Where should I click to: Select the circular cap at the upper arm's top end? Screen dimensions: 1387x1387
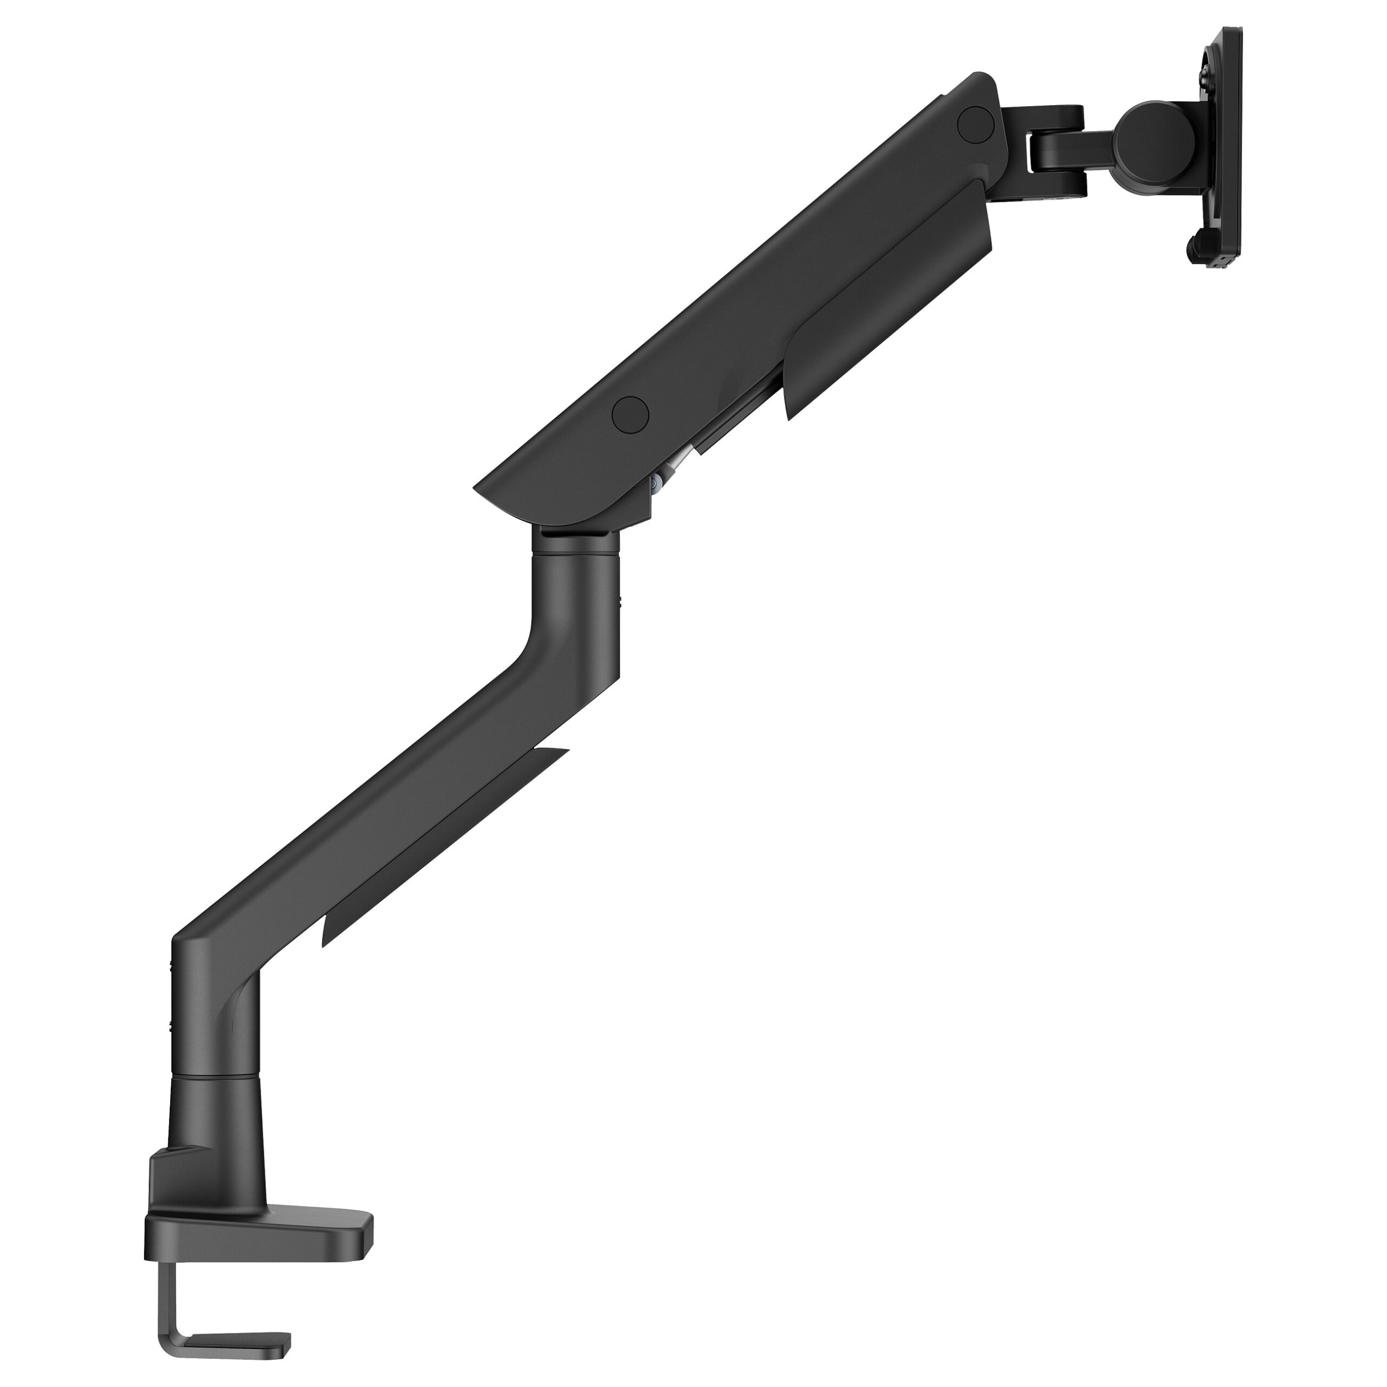(974, 121)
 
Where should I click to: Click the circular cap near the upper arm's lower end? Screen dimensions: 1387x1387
(630, 413)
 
